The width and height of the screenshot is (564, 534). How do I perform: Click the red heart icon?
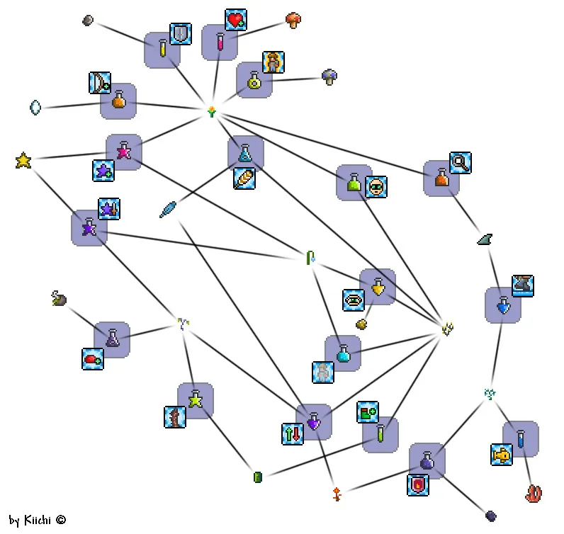(x=236, y=20)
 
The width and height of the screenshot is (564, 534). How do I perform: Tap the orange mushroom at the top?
(x=293, y=20)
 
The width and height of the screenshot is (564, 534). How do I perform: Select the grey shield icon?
(x=181, y=34)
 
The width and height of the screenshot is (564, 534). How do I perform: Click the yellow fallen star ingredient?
(x=23, y=161)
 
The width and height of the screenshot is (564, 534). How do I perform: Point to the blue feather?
(x=168, y=209)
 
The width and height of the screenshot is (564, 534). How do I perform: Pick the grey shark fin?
(x=485, y=239)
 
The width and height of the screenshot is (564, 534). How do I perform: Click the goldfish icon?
(x=502, y=455)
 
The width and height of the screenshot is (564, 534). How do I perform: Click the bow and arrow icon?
(x=100, y=83)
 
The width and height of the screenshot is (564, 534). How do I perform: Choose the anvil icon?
(x=522, y=286)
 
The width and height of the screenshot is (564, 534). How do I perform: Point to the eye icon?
(x=354, y=300)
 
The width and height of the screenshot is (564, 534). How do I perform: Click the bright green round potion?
(x=354, y=183)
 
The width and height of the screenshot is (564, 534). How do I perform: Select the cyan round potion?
(x=343, y=353)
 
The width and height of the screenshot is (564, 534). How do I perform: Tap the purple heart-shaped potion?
(x=314, y=423)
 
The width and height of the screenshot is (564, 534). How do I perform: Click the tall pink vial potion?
(x=220, y=42)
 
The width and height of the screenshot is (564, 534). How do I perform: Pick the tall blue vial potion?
(x=521, y=439)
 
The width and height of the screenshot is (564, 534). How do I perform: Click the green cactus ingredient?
(x=258, y=477)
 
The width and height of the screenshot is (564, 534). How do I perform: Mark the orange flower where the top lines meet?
(x=211, y=111)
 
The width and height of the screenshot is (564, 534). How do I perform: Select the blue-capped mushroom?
(x=329, y=76)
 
